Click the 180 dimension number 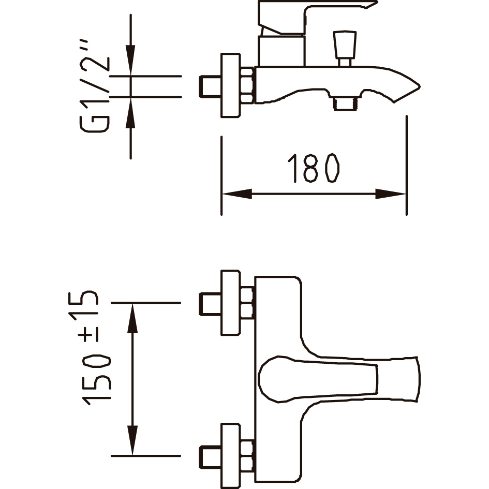pos(314,168)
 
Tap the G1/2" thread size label pos(95,86)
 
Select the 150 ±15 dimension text pos(90,348)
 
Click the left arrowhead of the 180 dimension pos(237,194)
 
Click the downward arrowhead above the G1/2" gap pos(130,61)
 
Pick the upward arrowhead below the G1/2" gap pos(130,113)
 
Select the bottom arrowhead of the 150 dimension pos(132,440)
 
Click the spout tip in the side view pos(419,86)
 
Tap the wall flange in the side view pos(230,85)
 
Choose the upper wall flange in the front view pos(230,303)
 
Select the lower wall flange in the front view pos(230,456)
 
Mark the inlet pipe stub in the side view pos(210,86)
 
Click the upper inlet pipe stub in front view pos(210,304)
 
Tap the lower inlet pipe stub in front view pos(210,457)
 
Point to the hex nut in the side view pos(248,85)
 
